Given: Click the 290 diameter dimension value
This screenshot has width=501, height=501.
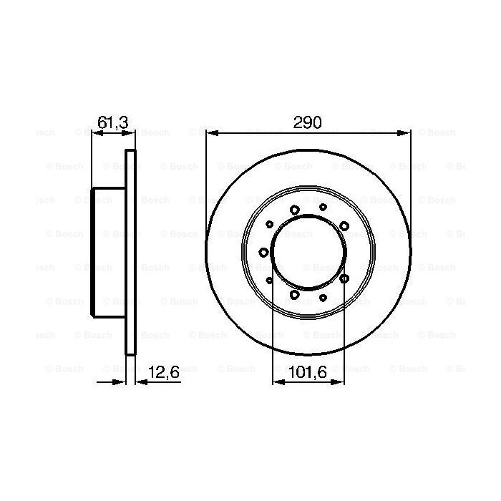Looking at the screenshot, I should [308, 122].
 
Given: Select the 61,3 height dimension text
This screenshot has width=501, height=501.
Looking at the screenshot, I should [112, 123].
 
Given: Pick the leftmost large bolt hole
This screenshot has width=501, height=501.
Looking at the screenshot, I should [263, 252].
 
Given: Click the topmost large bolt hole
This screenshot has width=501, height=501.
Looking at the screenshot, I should [295, 210].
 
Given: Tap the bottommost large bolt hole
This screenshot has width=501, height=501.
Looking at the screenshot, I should [295, 294].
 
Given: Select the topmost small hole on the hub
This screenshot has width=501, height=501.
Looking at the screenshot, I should [324, 206].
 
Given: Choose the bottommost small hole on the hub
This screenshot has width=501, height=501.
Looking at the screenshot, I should [324, 297].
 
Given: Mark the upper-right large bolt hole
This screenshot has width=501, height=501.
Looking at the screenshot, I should [344, 226].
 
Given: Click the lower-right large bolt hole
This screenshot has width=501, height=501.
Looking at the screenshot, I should [344, 278].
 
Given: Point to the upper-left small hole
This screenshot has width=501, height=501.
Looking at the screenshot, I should [269, 224].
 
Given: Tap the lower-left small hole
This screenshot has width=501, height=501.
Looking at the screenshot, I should [269, 280].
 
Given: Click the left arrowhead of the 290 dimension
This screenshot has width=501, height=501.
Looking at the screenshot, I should [208, 132].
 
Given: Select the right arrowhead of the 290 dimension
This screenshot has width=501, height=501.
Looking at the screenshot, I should [407, 132].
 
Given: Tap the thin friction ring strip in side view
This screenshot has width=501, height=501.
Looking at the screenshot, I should [130, 250].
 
